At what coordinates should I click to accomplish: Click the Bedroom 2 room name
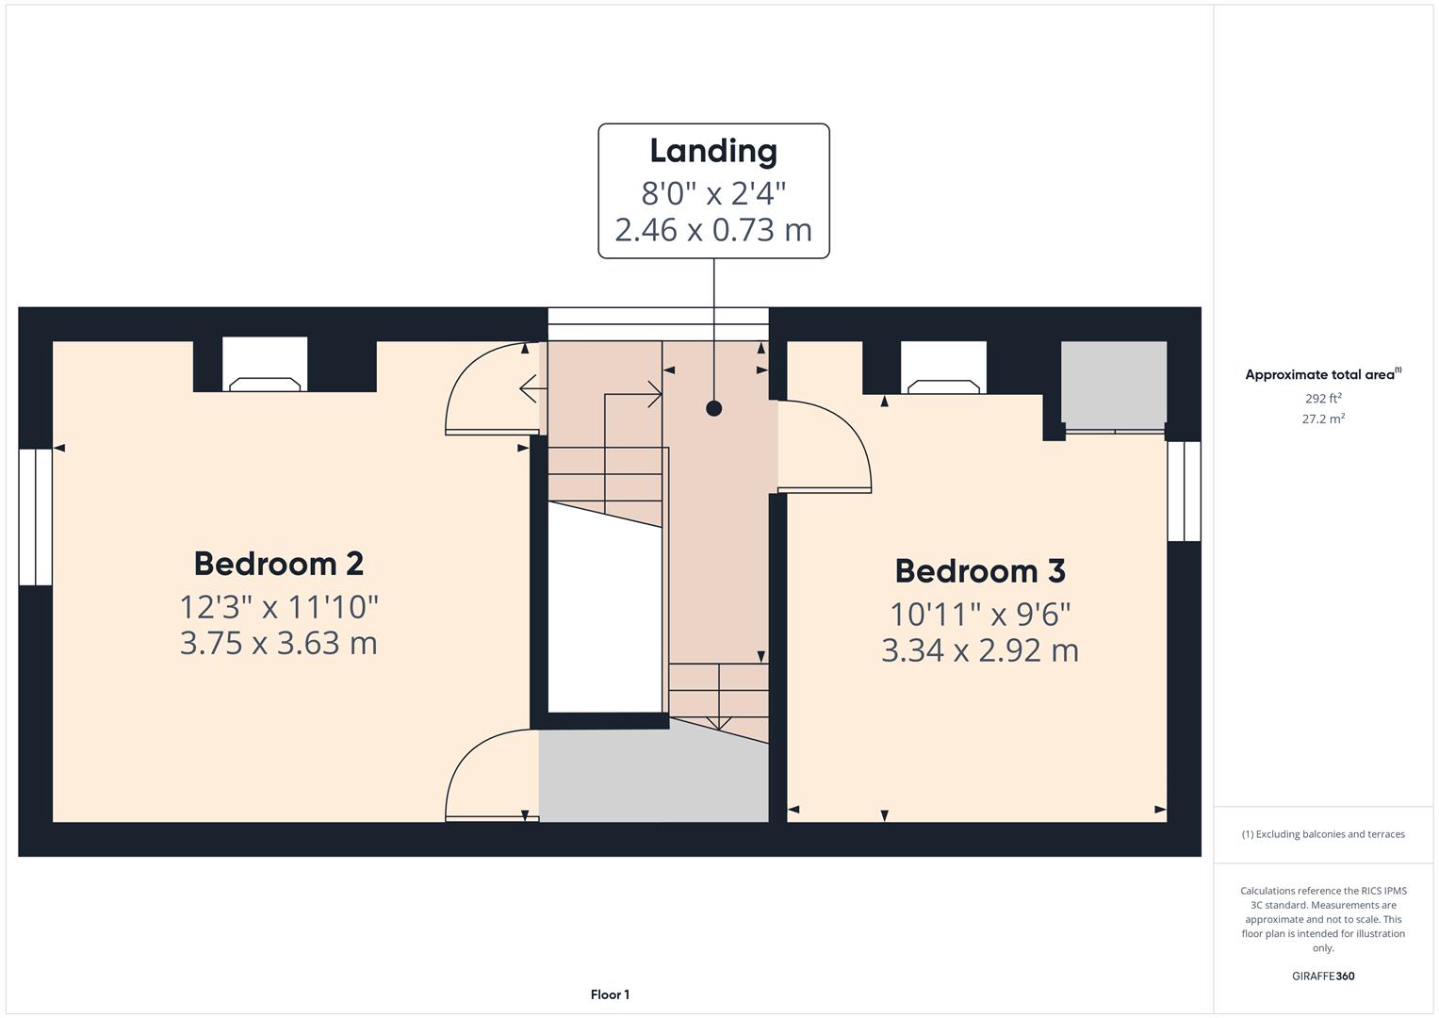pyautogui.click(x=279, y=564)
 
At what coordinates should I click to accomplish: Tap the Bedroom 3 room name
pyautogui.click(x=980, y=571)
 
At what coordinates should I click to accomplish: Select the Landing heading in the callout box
pyautogui.click(x=713, y=152)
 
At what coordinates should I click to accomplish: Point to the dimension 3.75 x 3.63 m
pyautogui.click(x=279, y=644)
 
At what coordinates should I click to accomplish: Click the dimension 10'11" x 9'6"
pyautogui.click(x=980, y=615)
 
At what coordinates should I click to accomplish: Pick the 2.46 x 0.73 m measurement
pyautogui.click(x=713, y=230)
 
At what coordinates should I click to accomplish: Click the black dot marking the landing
pyautogui.click(x=714, y=408)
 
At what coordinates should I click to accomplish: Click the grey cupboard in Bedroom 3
pyautogui.click(x=1114, y=383)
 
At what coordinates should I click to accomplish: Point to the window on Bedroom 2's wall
pyautogui.click(x=36, y=517)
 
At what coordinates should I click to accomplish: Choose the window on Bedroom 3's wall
pyautogui.click(x=1184, y=491)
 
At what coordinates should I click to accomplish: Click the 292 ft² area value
pyautogui.click(x=1323, y=399)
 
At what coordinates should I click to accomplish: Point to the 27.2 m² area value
pyautogui.click(x=1323, y=419)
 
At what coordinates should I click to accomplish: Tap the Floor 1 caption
pyautogui.click(x=610, y=994)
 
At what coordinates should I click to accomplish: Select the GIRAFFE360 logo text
pyautogui.click(x=1323, y=977)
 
